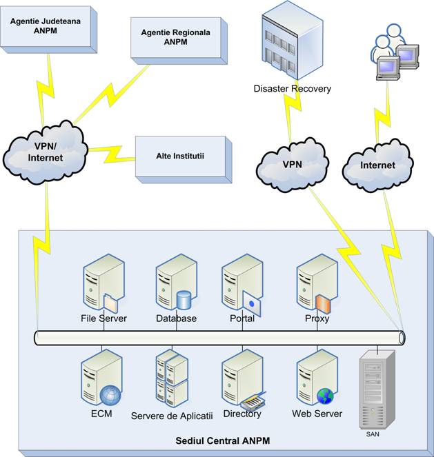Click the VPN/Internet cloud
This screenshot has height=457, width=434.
point(46,153)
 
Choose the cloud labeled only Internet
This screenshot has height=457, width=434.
point(378,165)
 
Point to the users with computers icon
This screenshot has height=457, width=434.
point(393,52)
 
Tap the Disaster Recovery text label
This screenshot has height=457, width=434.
point(293,89)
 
